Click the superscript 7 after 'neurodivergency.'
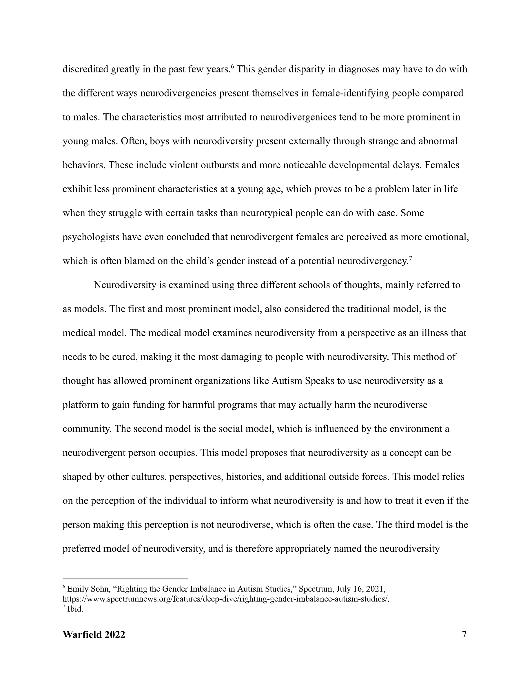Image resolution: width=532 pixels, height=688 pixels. (411, 258)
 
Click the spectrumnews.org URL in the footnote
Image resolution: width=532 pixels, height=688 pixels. (226, 599)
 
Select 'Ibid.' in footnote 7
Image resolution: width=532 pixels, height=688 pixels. (75, 609)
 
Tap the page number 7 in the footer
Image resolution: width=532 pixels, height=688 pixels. (464, 635)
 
